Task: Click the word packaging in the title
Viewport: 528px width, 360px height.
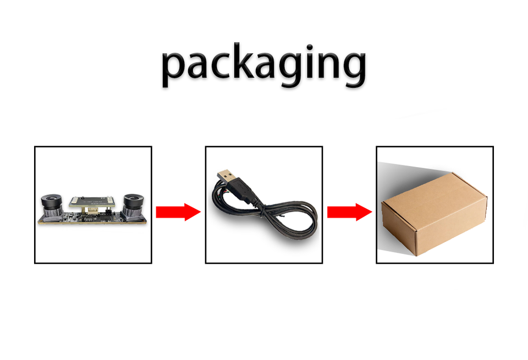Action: click(x=263, y=65)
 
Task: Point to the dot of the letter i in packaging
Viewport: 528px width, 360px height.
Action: click(x=310, y=47)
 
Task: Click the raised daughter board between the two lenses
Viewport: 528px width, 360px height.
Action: click(x=92, y=202)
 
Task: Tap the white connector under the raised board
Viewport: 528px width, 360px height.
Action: click(x=92, y=211)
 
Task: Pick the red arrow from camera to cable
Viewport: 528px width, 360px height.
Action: click(x=178, y=212)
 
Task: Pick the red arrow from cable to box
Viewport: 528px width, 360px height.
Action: click(x=350, y=212)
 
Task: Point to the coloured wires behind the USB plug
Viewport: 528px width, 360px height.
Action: click(x=224, y=191)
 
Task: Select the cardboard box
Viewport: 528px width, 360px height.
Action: click(x=435, y=214)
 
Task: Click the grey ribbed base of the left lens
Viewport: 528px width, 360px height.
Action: click(x=52, y=213)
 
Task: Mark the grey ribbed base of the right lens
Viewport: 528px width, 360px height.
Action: click(x=133, y=213)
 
